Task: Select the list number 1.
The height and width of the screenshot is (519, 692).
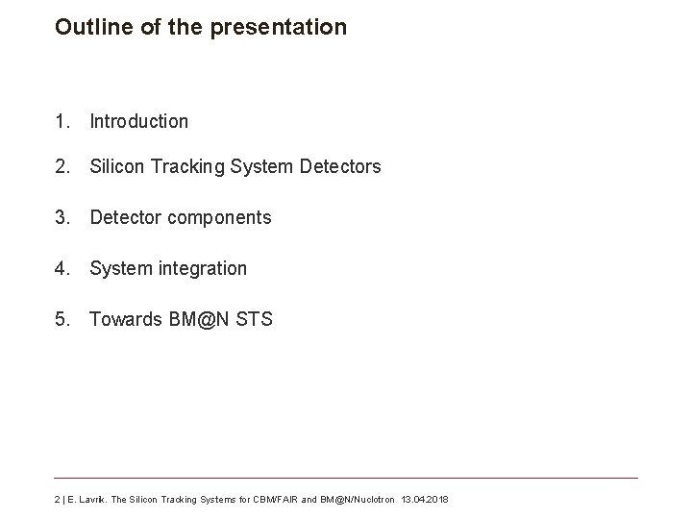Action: coord(62,121)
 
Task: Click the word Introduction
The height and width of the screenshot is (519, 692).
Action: coord(139,121)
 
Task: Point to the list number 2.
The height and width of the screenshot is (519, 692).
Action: coord(62,166)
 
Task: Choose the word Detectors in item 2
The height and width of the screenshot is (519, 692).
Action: coord(340,166)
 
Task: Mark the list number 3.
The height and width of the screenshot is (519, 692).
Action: coord(62,217)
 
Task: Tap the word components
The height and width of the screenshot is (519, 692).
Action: coord(219,218)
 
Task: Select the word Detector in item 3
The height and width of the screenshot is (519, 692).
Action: coord(125,217)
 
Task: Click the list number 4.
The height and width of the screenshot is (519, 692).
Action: coord(62,268)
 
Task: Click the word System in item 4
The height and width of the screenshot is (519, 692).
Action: coord(118,269)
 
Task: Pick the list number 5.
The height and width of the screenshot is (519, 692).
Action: coord(62,319)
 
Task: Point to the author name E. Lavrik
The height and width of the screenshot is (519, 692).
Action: coord(86,500)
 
